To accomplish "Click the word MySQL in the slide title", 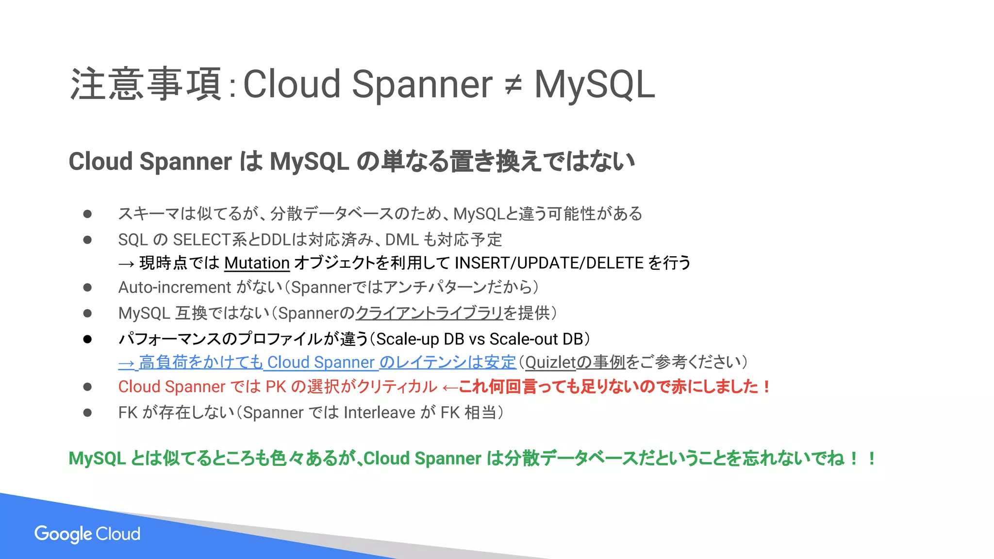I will pyautogui.click(x=595, y=85).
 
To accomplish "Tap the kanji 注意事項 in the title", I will pyautogui.click(x=146, y=85).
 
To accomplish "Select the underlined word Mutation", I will pyautogui.click(x=257, y=263).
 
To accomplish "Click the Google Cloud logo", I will pyautogui.click(x=87, y=534).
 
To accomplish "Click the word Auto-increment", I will pyautogui.click(x=174, y=287).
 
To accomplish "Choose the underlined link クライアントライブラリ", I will pyautogui.click(x=429, y=313).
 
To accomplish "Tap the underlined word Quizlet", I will pyautogui.click(x=550, y=362).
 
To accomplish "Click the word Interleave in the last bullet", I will pyautogui.click(x=379, y=412).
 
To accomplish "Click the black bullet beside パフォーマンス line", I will pyautogui.click(x=87, y=339).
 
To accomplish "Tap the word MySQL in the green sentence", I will pyautogui.click(x=97, y=459).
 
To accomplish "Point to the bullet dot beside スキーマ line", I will pyautogui.click(x=87, y=214).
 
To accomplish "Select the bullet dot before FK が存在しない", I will pyautogui.click(x=87, y=412).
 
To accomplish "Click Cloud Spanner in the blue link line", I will pyautogui.click(x=320, y=362).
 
